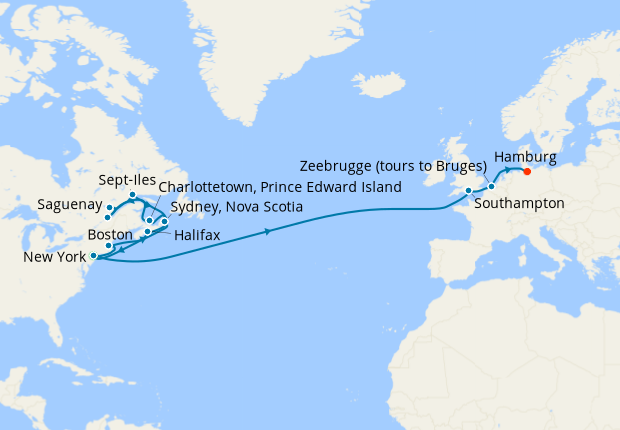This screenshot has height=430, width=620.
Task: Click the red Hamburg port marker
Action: [527, 171]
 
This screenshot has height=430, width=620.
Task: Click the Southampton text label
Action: [520, 203]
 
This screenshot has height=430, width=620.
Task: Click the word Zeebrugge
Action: [338, 166]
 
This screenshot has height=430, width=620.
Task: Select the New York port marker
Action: [94, 256]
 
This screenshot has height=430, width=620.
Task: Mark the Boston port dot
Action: [109, 245]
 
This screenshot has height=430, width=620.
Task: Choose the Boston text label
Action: [110, 234]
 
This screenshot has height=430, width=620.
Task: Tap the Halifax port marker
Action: [148, 232]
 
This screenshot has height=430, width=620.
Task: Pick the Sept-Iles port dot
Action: [132, 194]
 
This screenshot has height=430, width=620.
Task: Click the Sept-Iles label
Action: [126, 181]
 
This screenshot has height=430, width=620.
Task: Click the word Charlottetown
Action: [206, 187]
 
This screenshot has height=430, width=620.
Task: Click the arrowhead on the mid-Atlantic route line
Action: [268, 232]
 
